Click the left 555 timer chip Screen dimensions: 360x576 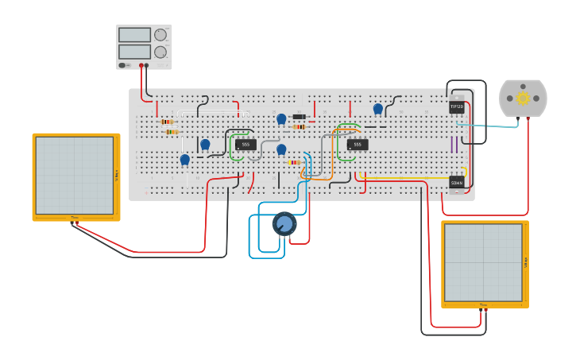245,144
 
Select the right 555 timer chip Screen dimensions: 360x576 357,144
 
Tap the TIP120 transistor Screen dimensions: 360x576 456,106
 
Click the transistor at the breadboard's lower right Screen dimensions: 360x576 457,183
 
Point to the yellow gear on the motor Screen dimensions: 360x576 523,98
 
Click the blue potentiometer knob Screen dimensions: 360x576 284,223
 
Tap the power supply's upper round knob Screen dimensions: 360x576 160,35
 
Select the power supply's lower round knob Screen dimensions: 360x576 160,52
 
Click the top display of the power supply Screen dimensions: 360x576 134,35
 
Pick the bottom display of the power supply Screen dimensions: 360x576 134,52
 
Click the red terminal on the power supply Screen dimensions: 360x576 141,65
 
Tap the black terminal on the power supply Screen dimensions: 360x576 147,65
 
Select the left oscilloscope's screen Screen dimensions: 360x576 74,175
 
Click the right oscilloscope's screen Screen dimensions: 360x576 483,262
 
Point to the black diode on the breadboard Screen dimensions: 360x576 300,117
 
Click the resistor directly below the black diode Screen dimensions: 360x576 300,126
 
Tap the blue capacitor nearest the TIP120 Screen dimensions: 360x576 378,109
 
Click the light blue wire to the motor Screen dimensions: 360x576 493,126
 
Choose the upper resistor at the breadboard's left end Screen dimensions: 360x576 168,122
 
